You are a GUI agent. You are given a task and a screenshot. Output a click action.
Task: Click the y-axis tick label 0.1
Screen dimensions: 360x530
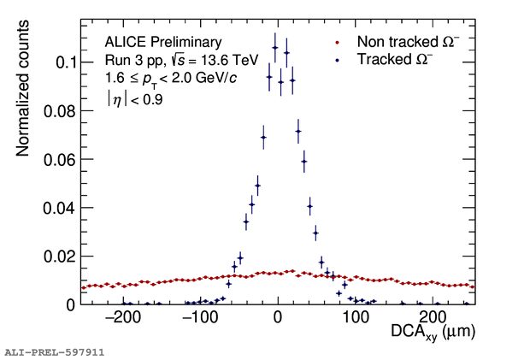tap(66, 62)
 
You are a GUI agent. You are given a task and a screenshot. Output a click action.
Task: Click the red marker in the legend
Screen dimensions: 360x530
tap(339, 41)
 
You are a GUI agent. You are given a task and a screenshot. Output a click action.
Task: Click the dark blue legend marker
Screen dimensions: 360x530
tap(339, 60)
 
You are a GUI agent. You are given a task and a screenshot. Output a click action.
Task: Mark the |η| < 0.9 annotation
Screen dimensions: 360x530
tap(134, 99)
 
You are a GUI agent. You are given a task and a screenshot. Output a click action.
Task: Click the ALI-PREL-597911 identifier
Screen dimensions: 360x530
tap(54, 351)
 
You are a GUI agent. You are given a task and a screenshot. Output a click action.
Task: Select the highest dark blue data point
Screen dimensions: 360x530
tap(275, 48)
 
